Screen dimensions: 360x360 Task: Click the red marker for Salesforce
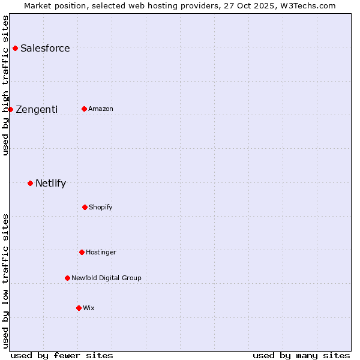pyautogui.click(x=15, y=48)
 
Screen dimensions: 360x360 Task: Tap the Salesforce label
pyautogui.click(x=45, y=49)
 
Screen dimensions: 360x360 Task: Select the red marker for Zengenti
pyautogui.click(x=10, y=109)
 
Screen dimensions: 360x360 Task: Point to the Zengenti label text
pyautogui.click(x=37, y=109)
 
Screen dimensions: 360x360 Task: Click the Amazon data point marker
pyautogui.click(x=84, y=109)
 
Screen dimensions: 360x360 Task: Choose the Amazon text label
pyautogui.click(x=101, y=109)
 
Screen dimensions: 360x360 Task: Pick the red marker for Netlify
pyautogui.click(x=30, y=183)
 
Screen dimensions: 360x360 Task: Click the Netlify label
pyautogui.click(x=50, y=184)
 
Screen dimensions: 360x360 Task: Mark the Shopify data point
pyautogui.click(x=85, y=207)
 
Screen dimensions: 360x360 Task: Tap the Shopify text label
pyautogui.click(x=101, y=208)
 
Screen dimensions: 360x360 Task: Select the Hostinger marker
pyautogui.click(x=82, y=252)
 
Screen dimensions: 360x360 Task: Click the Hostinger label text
pyautogui.click(x=101, y=253)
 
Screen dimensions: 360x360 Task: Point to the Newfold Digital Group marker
pyautogui.click(x=67, y=278)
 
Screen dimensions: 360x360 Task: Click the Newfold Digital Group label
pyautogui.click(x=106, y=278)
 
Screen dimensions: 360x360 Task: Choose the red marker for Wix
pyautogui.click(x=79, y=308)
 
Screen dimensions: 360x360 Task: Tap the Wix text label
pyautogui.click(x=89, y=308)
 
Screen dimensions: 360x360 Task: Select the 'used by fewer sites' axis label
pyautogui.click(x=62, y=355)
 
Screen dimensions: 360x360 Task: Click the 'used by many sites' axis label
pyautogui.click(x=301, y=355)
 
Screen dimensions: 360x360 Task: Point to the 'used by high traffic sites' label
pyautogui.click(x=5, y=85)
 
